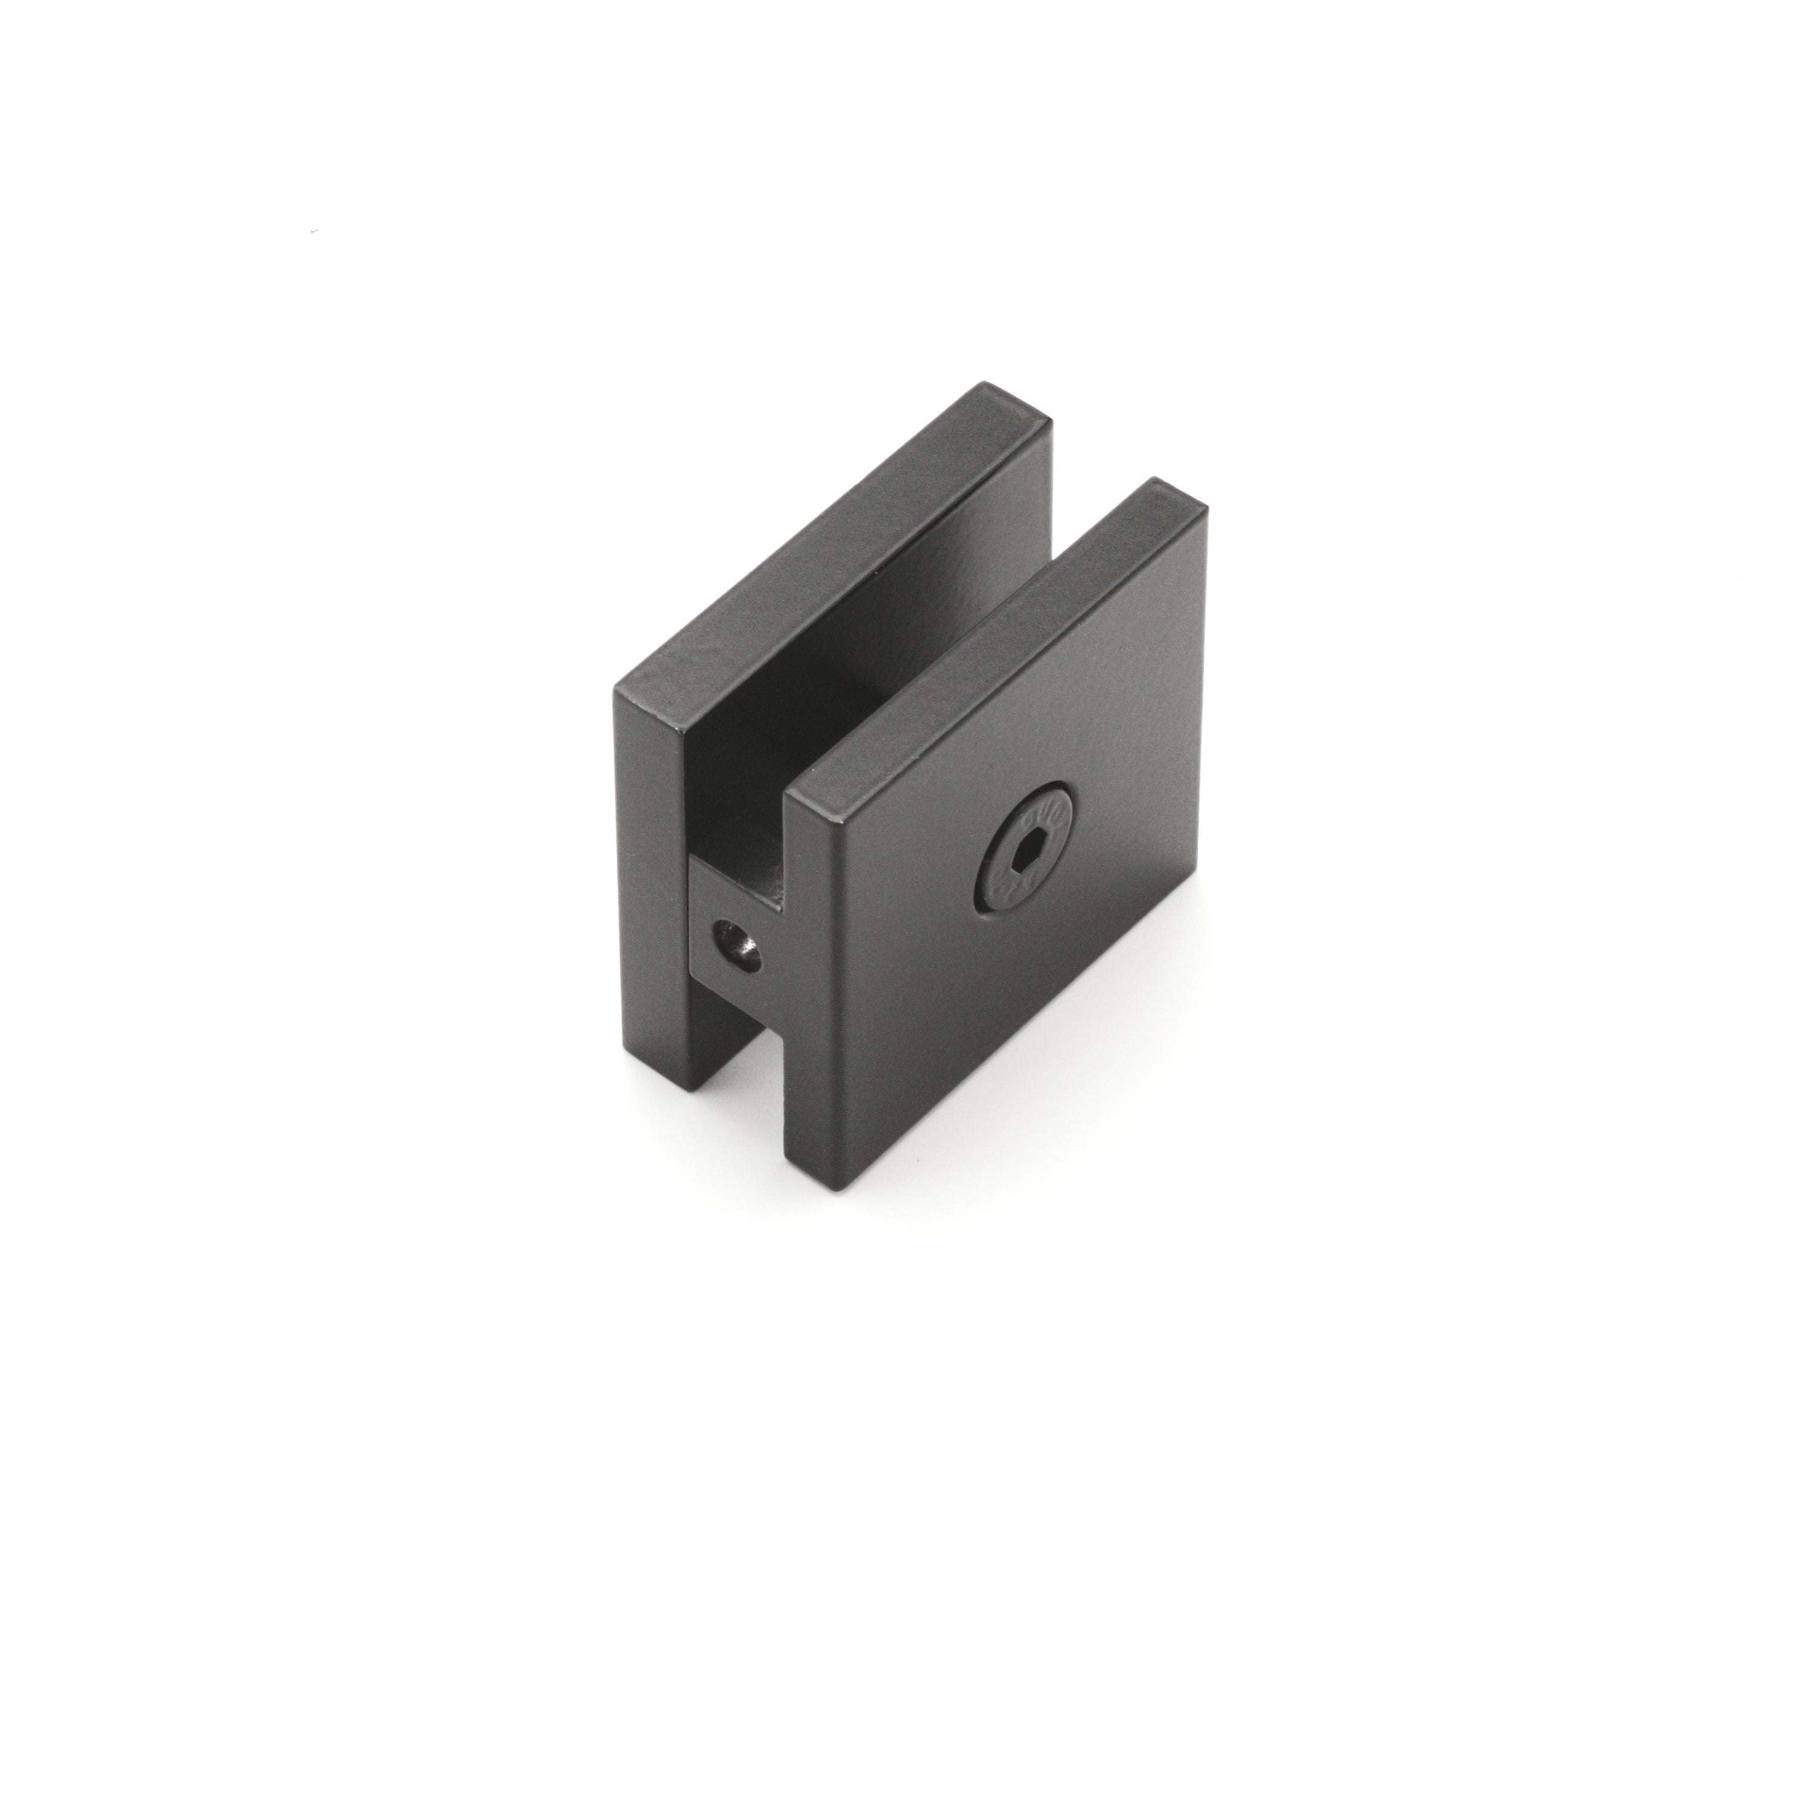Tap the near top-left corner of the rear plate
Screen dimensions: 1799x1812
pyautogui.click(x=615, y=692)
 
